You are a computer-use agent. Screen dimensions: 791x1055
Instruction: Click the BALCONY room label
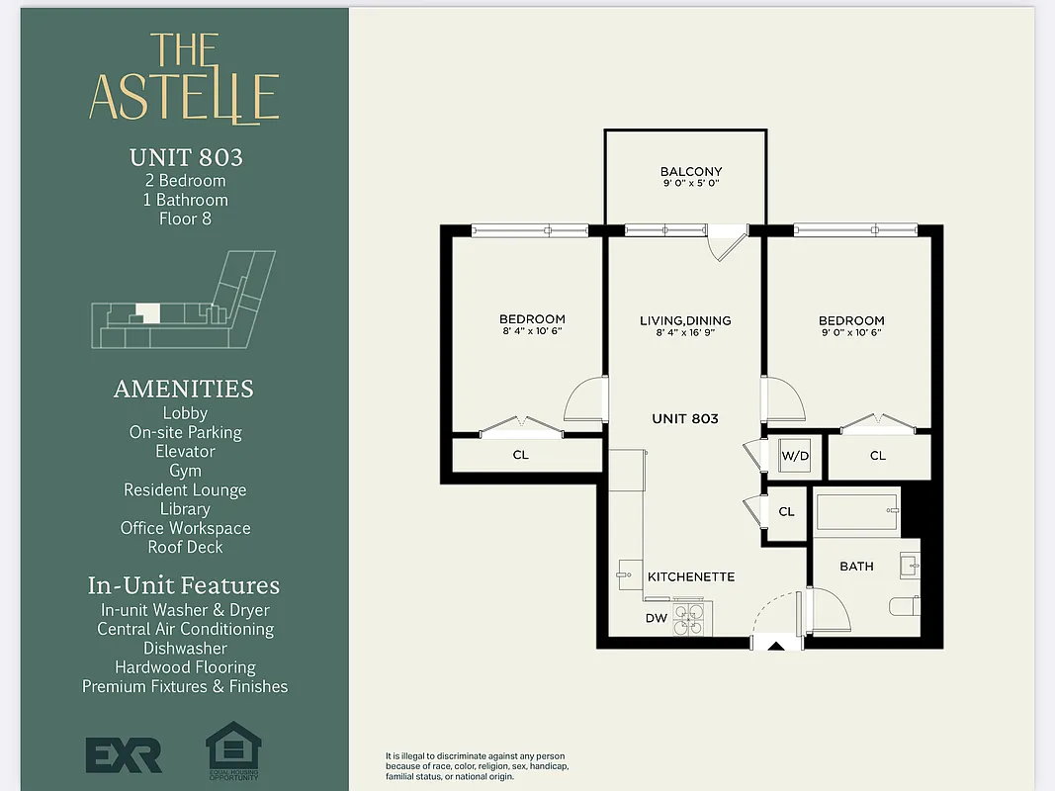click(x=691, y=171)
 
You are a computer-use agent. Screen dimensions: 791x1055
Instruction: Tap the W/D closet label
click(x=795, y=456)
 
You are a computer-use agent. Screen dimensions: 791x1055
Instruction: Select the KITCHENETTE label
click(x=691, y=576)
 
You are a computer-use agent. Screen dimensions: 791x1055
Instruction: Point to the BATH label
click(x=856, y=567)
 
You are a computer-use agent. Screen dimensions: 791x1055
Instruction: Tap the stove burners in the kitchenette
click(x=688, y=619)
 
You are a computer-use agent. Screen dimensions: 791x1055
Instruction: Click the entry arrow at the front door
click(x=777, y=647)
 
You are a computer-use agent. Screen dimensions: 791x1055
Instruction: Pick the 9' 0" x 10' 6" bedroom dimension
click(x=850, y=333)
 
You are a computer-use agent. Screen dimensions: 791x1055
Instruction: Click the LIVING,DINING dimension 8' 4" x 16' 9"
click(x=684, y=333)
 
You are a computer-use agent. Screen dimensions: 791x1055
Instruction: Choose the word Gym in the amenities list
click(x=185, y=471)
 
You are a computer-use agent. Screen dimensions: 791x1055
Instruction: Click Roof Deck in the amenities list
click(x=185, y=547)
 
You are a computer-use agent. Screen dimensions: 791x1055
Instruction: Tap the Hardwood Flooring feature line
click(x=185, y=667)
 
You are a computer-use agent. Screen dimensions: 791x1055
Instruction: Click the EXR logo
click(x=124, y=755)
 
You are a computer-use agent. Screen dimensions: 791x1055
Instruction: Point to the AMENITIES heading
click(x=184, y=389)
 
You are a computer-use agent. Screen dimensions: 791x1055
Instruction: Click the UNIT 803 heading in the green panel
click(x=186, y=157)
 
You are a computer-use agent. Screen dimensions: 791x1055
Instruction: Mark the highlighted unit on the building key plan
click(x=147, y=312)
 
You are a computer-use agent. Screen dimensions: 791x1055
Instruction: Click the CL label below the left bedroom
click(x=520, y=455)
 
